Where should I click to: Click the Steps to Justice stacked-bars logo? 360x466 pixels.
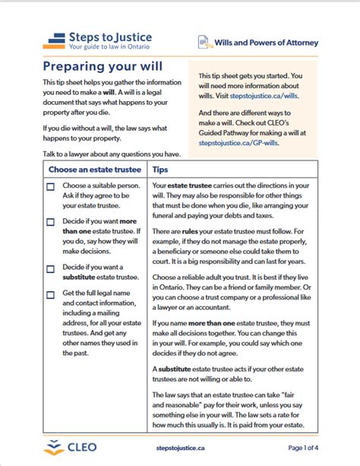(x=54, y=41)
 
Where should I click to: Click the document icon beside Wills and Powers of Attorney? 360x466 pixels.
(x=205, y=43)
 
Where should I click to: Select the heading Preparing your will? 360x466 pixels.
(x=103, y=66)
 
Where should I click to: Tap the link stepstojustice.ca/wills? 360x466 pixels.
(x=264, y=96)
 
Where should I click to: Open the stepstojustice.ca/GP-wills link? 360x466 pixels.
(x=238, y=143)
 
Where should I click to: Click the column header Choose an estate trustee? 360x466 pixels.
(x=95, y=170)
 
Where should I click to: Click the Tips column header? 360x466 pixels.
(x=160, y=170)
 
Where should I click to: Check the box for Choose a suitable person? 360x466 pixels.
(x=50, y=187)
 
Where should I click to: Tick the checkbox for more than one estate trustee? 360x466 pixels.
(x=50, y=222)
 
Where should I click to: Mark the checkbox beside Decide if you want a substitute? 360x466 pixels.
(x=50, y=269)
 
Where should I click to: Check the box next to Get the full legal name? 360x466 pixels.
(x=50, y=295)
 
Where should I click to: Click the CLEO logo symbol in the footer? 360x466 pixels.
(x=54, y=447)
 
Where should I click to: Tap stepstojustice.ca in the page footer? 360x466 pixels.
(x=180, y=448)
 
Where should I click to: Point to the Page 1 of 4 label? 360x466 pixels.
(x=303, y=448)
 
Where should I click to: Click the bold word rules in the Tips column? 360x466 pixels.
(x=190, y=231)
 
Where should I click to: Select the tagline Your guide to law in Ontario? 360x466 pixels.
(x=109, y=46)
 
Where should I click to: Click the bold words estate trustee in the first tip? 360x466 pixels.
(x=190, y=185)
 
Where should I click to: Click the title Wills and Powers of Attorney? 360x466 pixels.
(x=266, y=43)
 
